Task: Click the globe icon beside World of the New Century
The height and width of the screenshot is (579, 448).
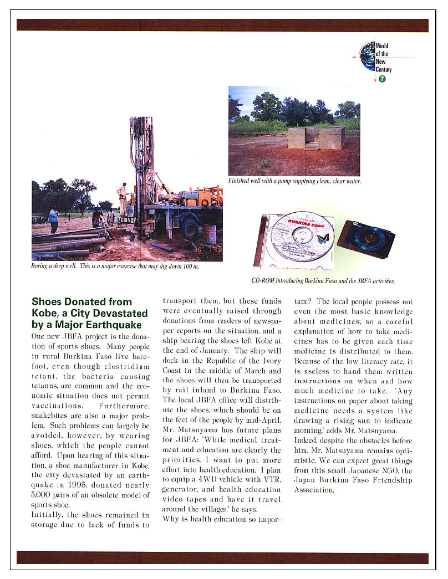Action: (367, 56)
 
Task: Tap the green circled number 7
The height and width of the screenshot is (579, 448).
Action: (382, 79)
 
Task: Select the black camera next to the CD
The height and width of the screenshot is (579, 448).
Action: (366, 238)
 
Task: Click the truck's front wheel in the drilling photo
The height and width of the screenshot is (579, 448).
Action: (190, 228)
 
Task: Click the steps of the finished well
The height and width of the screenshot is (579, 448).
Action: (312, 145)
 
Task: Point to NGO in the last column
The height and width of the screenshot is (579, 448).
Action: (381, 470)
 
